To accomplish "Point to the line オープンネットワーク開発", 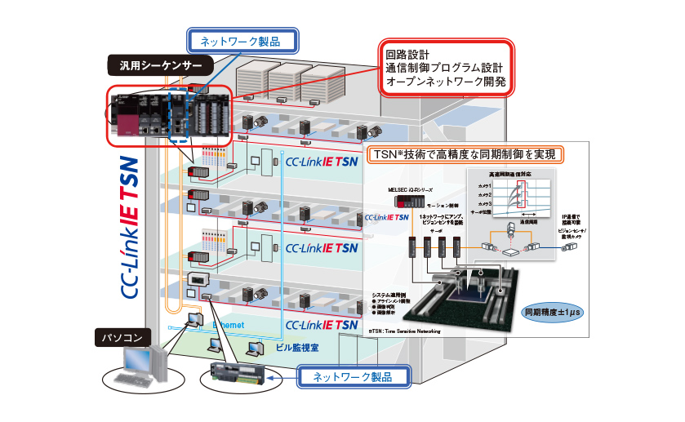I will coord(446,82).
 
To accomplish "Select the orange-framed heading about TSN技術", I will coord(478,153).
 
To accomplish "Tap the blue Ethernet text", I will coord(231,325).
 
